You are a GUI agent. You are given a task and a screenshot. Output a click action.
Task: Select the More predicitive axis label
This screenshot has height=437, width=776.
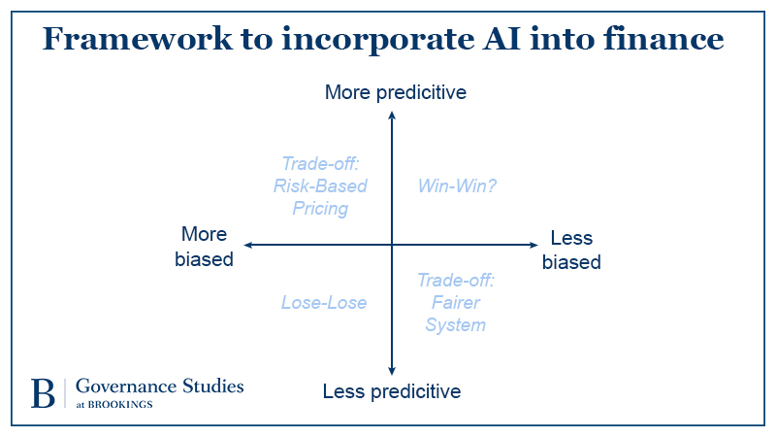tap(395, 93)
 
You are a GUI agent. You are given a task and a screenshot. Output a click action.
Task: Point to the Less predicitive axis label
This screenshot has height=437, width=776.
tap(391, 391)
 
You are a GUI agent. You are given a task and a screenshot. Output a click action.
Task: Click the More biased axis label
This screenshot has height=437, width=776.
tap(204, 247)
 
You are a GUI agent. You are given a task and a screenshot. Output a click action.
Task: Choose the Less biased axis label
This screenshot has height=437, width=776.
tap(571, 250)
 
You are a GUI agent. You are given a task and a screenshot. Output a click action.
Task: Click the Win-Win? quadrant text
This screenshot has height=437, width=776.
tap(457, 185)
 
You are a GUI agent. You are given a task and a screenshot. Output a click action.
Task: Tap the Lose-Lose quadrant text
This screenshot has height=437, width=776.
tap(324, 303)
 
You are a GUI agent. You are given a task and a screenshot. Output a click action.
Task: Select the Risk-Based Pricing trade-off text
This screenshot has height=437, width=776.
tap(320, 185)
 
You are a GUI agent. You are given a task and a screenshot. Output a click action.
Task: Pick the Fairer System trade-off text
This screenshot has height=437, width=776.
tap(456, 303)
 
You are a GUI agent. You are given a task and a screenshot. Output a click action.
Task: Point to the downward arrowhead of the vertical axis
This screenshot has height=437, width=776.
tap(391, 370)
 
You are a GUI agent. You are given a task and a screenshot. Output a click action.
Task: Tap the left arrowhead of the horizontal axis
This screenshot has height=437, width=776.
tap(249, 245)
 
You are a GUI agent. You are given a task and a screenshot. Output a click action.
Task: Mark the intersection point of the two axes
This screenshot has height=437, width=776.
tap(391, 245)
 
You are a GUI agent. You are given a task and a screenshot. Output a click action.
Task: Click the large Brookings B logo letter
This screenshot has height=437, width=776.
tap(43, 392)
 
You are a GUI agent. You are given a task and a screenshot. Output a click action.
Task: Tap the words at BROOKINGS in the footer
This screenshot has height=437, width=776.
tap(113, 404)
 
